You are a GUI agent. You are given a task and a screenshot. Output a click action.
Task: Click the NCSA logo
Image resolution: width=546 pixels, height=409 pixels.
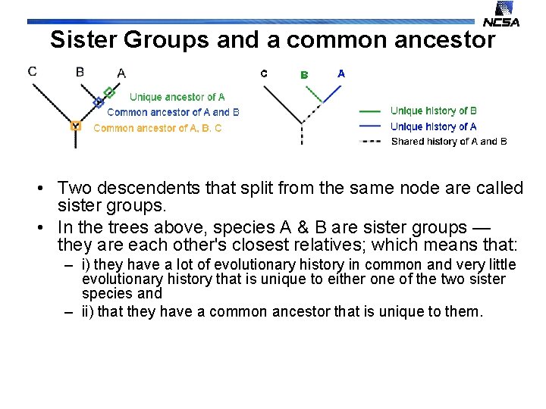502,14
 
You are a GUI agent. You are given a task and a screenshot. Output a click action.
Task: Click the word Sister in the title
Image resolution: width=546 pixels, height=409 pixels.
87,40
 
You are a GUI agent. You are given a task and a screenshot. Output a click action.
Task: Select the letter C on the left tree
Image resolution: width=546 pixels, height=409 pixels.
32,72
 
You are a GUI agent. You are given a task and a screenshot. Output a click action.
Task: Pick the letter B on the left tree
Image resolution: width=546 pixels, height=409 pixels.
80,72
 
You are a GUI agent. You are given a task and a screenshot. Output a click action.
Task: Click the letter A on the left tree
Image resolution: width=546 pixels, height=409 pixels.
121,73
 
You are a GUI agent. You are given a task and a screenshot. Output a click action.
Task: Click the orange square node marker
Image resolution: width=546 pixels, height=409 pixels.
75,126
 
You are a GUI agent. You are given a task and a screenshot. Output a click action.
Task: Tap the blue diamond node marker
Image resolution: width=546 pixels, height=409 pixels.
98,102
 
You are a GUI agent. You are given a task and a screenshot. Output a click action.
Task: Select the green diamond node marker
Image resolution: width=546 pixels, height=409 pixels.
109,92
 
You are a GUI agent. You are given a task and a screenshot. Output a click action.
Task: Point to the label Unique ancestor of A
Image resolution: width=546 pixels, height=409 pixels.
177,97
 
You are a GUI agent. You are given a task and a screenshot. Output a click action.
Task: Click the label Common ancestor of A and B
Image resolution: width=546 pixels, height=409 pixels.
173,112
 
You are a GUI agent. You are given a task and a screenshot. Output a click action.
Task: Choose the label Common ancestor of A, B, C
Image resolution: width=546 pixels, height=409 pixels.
157,128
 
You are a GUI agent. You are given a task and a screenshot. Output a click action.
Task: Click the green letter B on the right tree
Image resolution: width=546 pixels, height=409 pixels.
304,74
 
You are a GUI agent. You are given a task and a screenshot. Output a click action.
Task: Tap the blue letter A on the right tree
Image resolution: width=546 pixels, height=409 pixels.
341,73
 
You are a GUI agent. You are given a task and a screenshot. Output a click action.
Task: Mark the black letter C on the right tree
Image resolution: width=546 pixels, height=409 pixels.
264,73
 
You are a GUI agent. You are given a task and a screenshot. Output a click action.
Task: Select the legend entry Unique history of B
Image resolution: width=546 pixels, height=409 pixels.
433,111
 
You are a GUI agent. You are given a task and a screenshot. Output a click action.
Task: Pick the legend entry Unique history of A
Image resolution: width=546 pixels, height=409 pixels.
433,126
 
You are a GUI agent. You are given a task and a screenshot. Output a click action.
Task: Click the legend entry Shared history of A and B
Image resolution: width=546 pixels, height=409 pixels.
448,142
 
